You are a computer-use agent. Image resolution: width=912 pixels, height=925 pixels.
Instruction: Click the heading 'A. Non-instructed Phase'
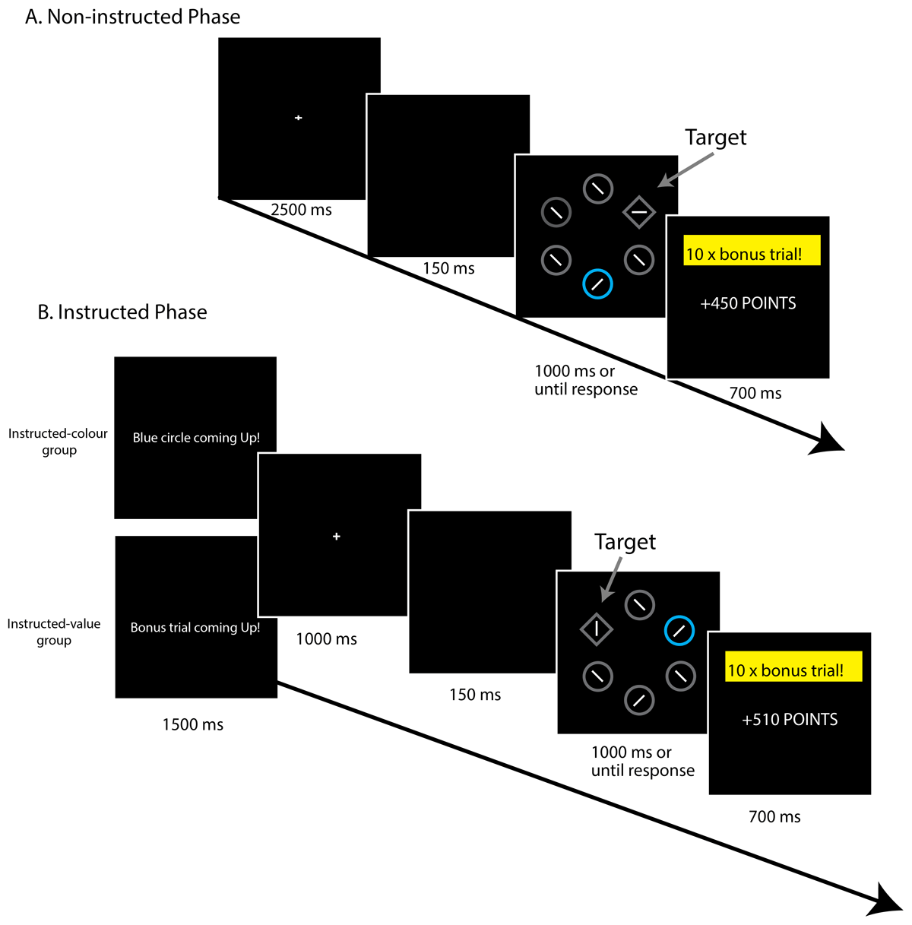tap(133, 17)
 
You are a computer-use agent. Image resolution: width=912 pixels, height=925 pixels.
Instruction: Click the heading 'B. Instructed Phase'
tap(122, 312)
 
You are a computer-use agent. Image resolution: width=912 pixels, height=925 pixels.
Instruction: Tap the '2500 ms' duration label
tap(302, 210)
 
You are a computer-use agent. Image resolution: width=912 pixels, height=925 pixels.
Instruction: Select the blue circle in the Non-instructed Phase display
tap(597, 284)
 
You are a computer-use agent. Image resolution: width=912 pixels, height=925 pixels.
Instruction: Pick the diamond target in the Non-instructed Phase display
tap(638, 212)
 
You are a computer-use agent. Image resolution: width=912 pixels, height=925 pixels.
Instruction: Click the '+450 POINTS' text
tap(749, 303)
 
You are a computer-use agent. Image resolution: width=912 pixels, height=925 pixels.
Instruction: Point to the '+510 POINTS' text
tap(790, 720)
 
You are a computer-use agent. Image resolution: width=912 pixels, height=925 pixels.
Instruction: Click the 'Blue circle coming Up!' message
tap(196, 438)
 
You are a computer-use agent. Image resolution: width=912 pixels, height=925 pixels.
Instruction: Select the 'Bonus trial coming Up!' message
tap(195, 628)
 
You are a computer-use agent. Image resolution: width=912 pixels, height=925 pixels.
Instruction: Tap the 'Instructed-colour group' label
tap(59, 442)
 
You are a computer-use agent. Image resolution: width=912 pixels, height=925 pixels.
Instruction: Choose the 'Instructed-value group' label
tap(54, 632)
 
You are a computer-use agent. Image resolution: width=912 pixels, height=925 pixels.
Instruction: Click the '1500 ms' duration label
tap(193, 725)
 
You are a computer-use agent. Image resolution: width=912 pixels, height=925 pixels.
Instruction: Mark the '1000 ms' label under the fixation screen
tap(326, 639)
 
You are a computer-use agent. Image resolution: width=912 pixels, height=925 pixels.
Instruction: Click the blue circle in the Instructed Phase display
tap(679, 630)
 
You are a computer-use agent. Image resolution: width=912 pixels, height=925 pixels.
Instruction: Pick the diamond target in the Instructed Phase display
tap(597, 629)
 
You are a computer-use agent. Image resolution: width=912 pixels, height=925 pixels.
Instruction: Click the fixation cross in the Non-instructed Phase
tap(299, 118)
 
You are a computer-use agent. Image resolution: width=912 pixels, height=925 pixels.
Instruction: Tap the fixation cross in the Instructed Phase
tap(337, 537)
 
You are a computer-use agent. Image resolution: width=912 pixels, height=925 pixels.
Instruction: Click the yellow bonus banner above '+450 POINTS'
tap(752, 251)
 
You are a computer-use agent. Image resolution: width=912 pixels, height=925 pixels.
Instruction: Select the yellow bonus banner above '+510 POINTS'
tap(793, 667)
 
